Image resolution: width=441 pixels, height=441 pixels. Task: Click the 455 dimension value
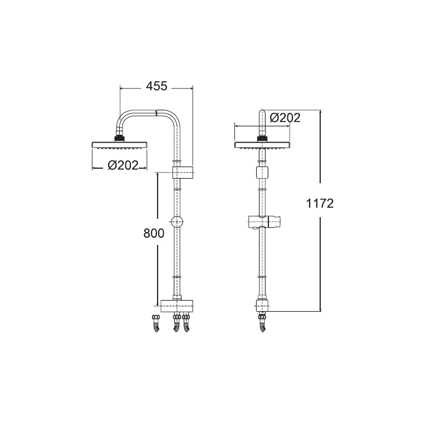coord(156,86)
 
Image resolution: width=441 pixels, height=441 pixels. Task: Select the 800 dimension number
coord(154,233)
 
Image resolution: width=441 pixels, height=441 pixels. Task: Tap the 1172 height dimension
coord(320,203)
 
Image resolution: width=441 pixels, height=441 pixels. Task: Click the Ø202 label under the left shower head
coord(123,165)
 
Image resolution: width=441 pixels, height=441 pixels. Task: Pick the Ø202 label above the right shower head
coord(285,118)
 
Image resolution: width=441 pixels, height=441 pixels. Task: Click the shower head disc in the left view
coord(120,145)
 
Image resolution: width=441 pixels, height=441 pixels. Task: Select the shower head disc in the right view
coord(262,145)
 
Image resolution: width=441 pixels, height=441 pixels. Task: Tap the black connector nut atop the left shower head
coord(120,139)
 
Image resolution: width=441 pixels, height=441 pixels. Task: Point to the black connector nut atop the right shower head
coord(262,139)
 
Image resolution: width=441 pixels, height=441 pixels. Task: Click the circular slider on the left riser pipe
coord(177,222)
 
